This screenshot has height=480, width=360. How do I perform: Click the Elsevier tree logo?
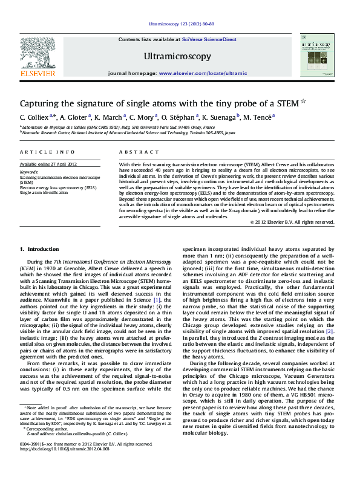[38, 56]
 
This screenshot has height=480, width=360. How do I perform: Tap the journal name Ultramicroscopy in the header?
[177, 57]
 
